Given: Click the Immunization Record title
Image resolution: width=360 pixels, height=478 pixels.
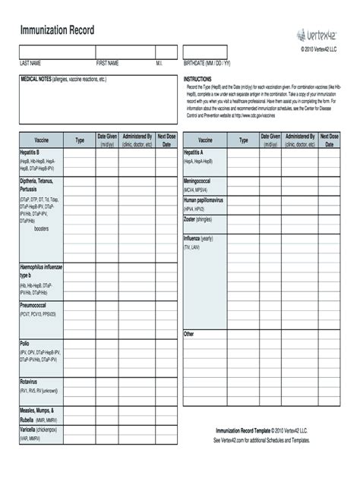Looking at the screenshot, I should click(57, 30).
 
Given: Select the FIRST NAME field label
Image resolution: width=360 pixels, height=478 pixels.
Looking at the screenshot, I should click(107, 63).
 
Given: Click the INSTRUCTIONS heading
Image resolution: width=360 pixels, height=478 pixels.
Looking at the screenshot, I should click(198, 78).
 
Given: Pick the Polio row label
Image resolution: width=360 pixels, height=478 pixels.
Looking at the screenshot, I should click(25, 344).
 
